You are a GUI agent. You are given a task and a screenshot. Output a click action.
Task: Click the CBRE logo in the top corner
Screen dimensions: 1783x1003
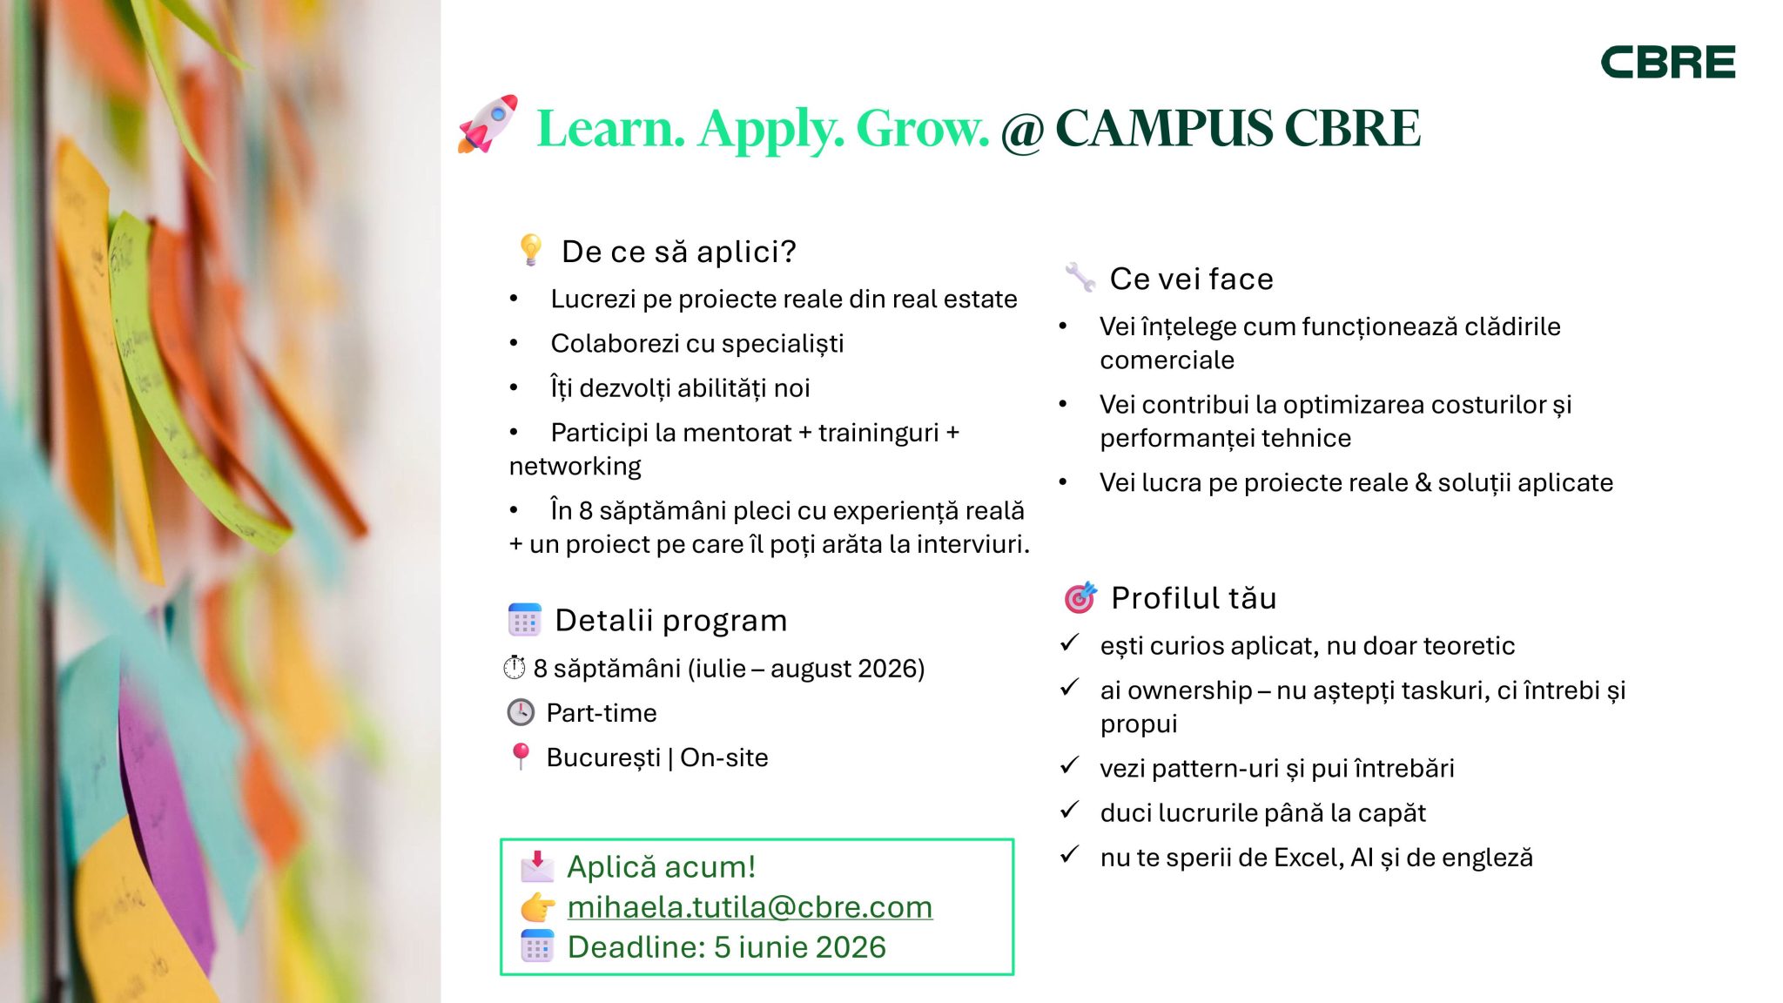pyautogui.click(x=1667, y=62)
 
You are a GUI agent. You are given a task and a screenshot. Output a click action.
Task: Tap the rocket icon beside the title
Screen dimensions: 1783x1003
pyautogui.click(x=488, y=125)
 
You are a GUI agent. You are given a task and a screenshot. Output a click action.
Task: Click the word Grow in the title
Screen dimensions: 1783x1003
pyautogui.click(x=922, y=129)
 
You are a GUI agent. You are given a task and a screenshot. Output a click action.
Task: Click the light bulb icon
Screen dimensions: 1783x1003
pyautogui.click(x=529, y=250)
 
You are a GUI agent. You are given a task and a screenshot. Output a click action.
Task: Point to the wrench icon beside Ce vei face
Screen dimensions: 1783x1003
pyautogui.click(x=1080, y=277)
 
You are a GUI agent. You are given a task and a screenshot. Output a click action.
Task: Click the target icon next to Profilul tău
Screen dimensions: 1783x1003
pyautogui.click(x=1080, y=597)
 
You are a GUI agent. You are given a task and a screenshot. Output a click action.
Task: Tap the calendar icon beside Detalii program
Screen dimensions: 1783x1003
pyautogui.click(x=524, y=620)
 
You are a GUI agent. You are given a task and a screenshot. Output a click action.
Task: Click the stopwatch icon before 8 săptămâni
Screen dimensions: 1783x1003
pyautogui.click(x=515, y=668)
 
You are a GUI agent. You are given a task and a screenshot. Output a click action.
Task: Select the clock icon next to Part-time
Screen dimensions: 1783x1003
pyautogui.click(x=521, y=712)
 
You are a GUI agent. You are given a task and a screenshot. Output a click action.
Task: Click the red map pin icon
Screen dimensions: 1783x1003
pyautogui.click(x=521, y=756)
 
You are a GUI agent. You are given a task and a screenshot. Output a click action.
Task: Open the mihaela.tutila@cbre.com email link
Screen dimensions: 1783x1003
pyautogui.click(x=750, y=906)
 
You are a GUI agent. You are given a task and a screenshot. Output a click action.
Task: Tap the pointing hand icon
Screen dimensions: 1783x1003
pyautogui.click(x=538, y=907)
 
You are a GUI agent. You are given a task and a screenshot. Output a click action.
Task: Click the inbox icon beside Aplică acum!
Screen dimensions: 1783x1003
pyautogui.click(x=537, y=866)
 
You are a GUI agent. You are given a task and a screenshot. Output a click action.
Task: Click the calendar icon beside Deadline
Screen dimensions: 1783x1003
pyautogui.click(x=537, y=946)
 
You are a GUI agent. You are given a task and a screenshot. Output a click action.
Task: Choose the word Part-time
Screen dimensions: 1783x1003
pyautogui.click(x=602, y=712)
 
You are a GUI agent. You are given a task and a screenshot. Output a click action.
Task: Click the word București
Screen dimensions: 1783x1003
pyautogui.click(x=603, y=757)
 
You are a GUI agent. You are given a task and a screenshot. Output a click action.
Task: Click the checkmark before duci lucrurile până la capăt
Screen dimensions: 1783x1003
pyautogui.click(x=1070, y=811)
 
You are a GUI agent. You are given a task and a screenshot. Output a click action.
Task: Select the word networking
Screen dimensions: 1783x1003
pyautogui.click(x=575, y=467)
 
